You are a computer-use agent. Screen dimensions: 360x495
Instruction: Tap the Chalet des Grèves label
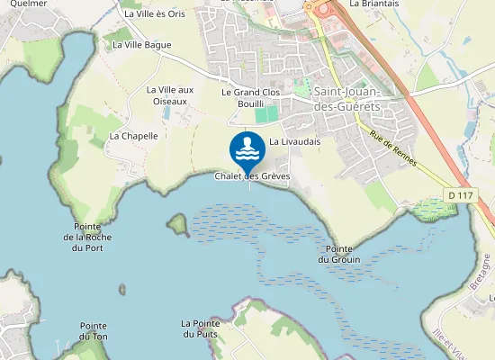252,176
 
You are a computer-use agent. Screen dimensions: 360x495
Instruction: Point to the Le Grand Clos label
251,93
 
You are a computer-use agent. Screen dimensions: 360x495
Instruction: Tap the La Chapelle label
133,136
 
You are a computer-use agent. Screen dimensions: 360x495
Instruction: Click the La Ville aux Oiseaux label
170,95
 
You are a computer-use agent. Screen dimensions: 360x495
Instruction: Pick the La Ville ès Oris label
154,13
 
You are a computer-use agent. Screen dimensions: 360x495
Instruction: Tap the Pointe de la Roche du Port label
88,237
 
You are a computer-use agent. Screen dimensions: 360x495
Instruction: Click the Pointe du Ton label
94,331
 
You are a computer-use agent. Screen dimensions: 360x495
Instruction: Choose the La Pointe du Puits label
200,328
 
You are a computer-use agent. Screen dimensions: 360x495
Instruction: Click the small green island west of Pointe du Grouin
176,222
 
